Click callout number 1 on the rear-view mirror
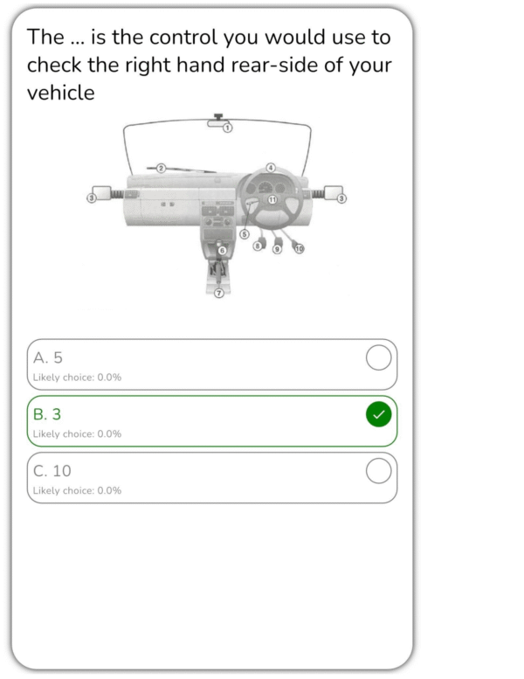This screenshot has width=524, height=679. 228,128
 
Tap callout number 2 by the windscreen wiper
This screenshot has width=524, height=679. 161,168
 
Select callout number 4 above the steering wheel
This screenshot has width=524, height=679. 271,168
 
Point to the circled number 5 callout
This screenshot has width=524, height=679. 245,234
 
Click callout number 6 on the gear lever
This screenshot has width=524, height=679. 222,250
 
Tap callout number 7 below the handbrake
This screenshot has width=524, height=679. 219,293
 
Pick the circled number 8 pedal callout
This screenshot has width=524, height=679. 258,246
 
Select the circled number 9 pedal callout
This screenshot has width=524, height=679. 277,249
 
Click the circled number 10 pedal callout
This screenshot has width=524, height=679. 299,248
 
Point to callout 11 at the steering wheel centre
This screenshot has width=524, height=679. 272,199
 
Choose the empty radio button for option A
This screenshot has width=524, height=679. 379,357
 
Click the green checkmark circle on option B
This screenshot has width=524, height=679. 379,414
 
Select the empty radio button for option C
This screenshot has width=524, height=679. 379,471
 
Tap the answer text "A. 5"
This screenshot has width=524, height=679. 48,357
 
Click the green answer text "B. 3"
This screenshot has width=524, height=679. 47,414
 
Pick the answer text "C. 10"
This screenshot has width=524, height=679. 52,471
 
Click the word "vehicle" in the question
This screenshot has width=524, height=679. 60,93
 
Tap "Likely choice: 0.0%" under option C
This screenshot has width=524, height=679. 77,490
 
